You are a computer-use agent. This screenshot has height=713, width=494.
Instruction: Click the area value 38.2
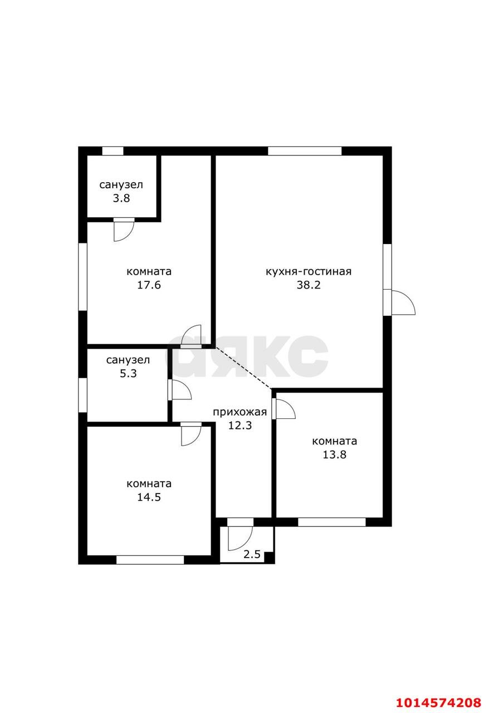click(x=309, y=285)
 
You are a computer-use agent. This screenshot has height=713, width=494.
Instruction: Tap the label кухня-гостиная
click(x=309, y=271)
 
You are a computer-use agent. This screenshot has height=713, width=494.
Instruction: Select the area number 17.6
click(x=149, y=285)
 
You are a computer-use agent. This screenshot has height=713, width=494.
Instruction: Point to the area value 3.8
click(x=121, y=198)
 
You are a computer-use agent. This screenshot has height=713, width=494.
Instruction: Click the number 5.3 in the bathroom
click(x=128, y=373)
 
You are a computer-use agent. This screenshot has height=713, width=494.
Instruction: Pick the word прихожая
click(x=239, y=412)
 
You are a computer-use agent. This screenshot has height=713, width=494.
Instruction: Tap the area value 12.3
click(x=240, y=425)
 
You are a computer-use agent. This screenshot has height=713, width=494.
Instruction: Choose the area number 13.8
click(x=335, y=454)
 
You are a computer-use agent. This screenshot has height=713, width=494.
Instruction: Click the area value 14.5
click(x=149, y=497)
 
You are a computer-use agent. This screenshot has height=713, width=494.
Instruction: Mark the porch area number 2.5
click(x=252, y=554)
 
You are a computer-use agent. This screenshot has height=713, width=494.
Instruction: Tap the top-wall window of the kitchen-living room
click(x=305, y=151)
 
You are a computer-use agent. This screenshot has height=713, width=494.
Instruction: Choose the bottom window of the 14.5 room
click(x=150, y=560)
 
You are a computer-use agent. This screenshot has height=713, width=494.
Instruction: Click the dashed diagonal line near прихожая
click(x=244, y=368)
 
